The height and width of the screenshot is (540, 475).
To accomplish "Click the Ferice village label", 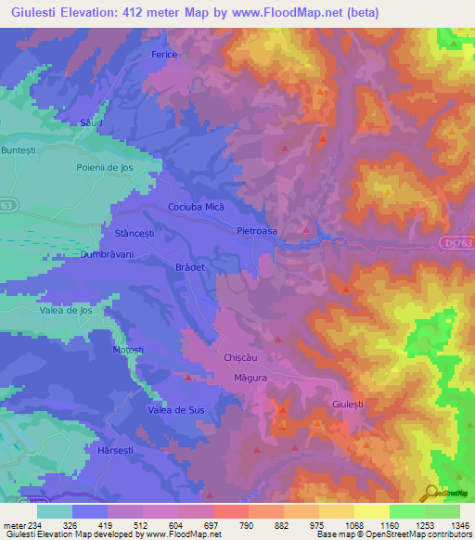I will pos(163,55).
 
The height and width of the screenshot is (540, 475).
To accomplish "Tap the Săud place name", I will pos(90,122).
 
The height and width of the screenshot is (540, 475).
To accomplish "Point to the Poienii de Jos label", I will pos(106,167).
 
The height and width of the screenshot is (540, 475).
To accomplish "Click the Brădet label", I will pos(188,265).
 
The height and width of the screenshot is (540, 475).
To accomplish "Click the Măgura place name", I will pos(250,378).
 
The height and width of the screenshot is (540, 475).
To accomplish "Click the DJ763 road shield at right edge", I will pos(452,240).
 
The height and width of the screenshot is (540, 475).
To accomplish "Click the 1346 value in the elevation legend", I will pos(448,524).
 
